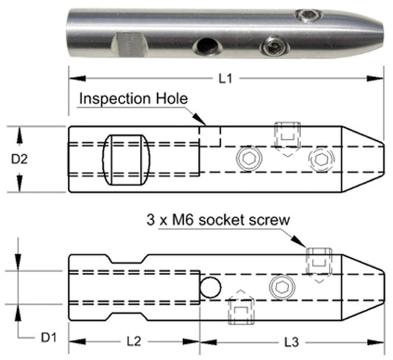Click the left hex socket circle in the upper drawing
click(249, 158)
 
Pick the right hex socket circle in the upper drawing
click(321, 158)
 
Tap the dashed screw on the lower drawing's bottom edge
click(240, 308)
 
